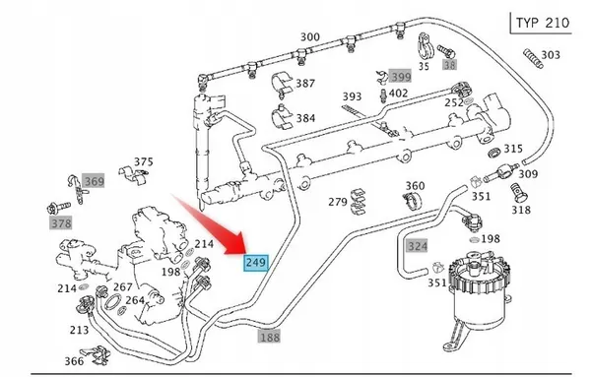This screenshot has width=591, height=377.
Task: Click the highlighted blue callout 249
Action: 255,262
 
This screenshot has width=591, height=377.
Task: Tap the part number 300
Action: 310,37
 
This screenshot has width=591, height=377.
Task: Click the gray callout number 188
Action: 269,336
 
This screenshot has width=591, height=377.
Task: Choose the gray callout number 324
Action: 418,245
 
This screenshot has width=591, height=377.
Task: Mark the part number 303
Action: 551,55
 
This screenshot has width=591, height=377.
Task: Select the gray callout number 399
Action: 400,76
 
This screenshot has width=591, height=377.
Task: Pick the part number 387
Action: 305,84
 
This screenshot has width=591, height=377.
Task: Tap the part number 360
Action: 415,186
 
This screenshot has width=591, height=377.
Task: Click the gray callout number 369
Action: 94,181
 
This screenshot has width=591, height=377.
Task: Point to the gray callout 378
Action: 61,223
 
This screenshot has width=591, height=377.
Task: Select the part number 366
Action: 74,361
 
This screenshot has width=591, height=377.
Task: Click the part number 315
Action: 513,149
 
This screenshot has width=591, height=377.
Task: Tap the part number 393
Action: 352,96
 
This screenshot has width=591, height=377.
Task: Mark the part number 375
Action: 144,162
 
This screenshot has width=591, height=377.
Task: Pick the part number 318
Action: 520,210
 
